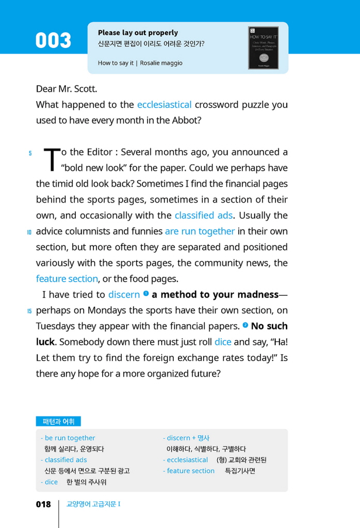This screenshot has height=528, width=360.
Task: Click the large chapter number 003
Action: [53, 41]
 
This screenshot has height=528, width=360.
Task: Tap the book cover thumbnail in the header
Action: [263, 48]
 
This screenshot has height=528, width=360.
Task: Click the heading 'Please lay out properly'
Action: [138, 32]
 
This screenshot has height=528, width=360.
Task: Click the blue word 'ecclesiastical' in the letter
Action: [164, 105]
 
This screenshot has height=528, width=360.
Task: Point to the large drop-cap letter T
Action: [52, 159]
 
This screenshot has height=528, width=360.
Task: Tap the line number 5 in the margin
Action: [30, 153]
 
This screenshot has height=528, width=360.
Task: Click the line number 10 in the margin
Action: [29, 232]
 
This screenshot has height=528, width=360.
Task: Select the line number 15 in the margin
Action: [29, 311]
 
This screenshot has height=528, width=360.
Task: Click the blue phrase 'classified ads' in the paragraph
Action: [203, 216]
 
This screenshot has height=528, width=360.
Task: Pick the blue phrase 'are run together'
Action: [200, 232]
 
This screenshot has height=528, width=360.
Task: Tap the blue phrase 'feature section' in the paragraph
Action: [67, 279]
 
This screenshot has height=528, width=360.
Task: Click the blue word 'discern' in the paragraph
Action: [124, 295]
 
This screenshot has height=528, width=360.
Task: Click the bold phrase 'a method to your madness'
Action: [215, 295]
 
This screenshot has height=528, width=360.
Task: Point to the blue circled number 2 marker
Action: [245, 325]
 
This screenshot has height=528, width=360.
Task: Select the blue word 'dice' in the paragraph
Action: [223, 342]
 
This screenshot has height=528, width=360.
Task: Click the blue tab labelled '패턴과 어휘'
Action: [58, 421]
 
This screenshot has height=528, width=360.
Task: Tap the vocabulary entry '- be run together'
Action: [68, 438]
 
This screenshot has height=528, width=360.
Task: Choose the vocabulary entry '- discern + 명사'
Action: [186, 438]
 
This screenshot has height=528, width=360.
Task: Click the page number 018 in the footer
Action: [43, 504]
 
